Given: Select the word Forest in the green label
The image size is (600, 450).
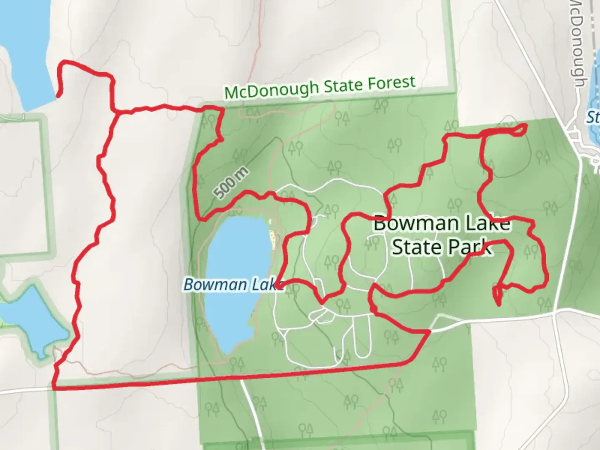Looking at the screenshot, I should [391, 83].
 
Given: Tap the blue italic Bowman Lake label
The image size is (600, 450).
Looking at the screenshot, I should [233, 285].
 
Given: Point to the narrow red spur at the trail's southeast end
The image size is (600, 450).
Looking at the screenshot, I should [497, 297].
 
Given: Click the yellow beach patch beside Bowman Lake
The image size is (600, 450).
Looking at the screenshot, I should [272, 239].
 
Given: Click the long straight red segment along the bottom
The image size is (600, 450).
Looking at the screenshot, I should [229, 377].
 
